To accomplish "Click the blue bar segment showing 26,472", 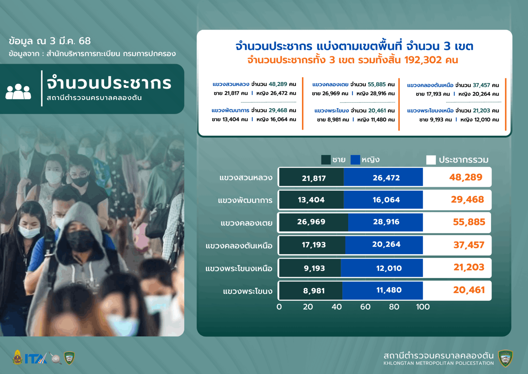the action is tap(383, 177).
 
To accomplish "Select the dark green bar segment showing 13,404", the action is tap(311, 200).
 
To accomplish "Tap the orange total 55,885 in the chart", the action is tap(469, 222).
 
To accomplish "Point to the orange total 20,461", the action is tap(469, 290).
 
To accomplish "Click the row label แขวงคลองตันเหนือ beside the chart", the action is tap(239, 246).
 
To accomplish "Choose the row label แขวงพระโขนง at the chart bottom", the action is tap(248, 291).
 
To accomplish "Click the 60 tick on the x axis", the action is tap(365, 307).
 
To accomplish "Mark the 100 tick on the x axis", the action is tap(423, 307).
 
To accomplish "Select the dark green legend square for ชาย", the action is tap(326, 160).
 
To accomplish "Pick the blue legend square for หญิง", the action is tap(355, 160).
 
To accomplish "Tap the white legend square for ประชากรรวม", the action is tap(431, 160).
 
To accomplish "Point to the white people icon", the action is tap(18, 91).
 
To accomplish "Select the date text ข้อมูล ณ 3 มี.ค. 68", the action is tap(50, 41).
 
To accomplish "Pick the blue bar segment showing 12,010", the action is tap(382, 268).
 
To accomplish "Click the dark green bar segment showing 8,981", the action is tap(311, 291).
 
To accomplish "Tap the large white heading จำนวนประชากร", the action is tap(109, 83).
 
